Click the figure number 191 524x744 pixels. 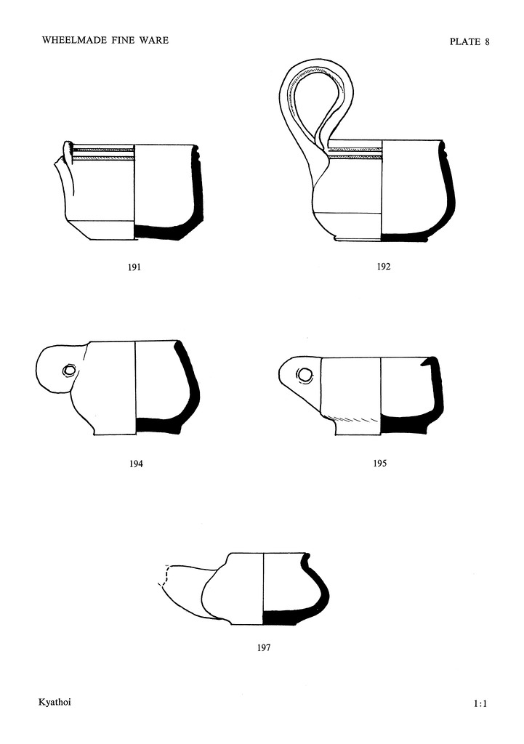(134, 267)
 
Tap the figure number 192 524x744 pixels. (384, 267)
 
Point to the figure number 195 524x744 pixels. (379, 464)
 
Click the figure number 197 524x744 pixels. (263, 647)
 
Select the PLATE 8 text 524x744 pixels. (469, 41)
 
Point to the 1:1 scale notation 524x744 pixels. (480, 703)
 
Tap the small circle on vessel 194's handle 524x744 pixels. (69, 371)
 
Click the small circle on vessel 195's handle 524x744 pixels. (306, 375)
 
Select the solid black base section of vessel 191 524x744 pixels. (164, 231)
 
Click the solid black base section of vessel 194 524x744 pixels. (160, 426)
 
